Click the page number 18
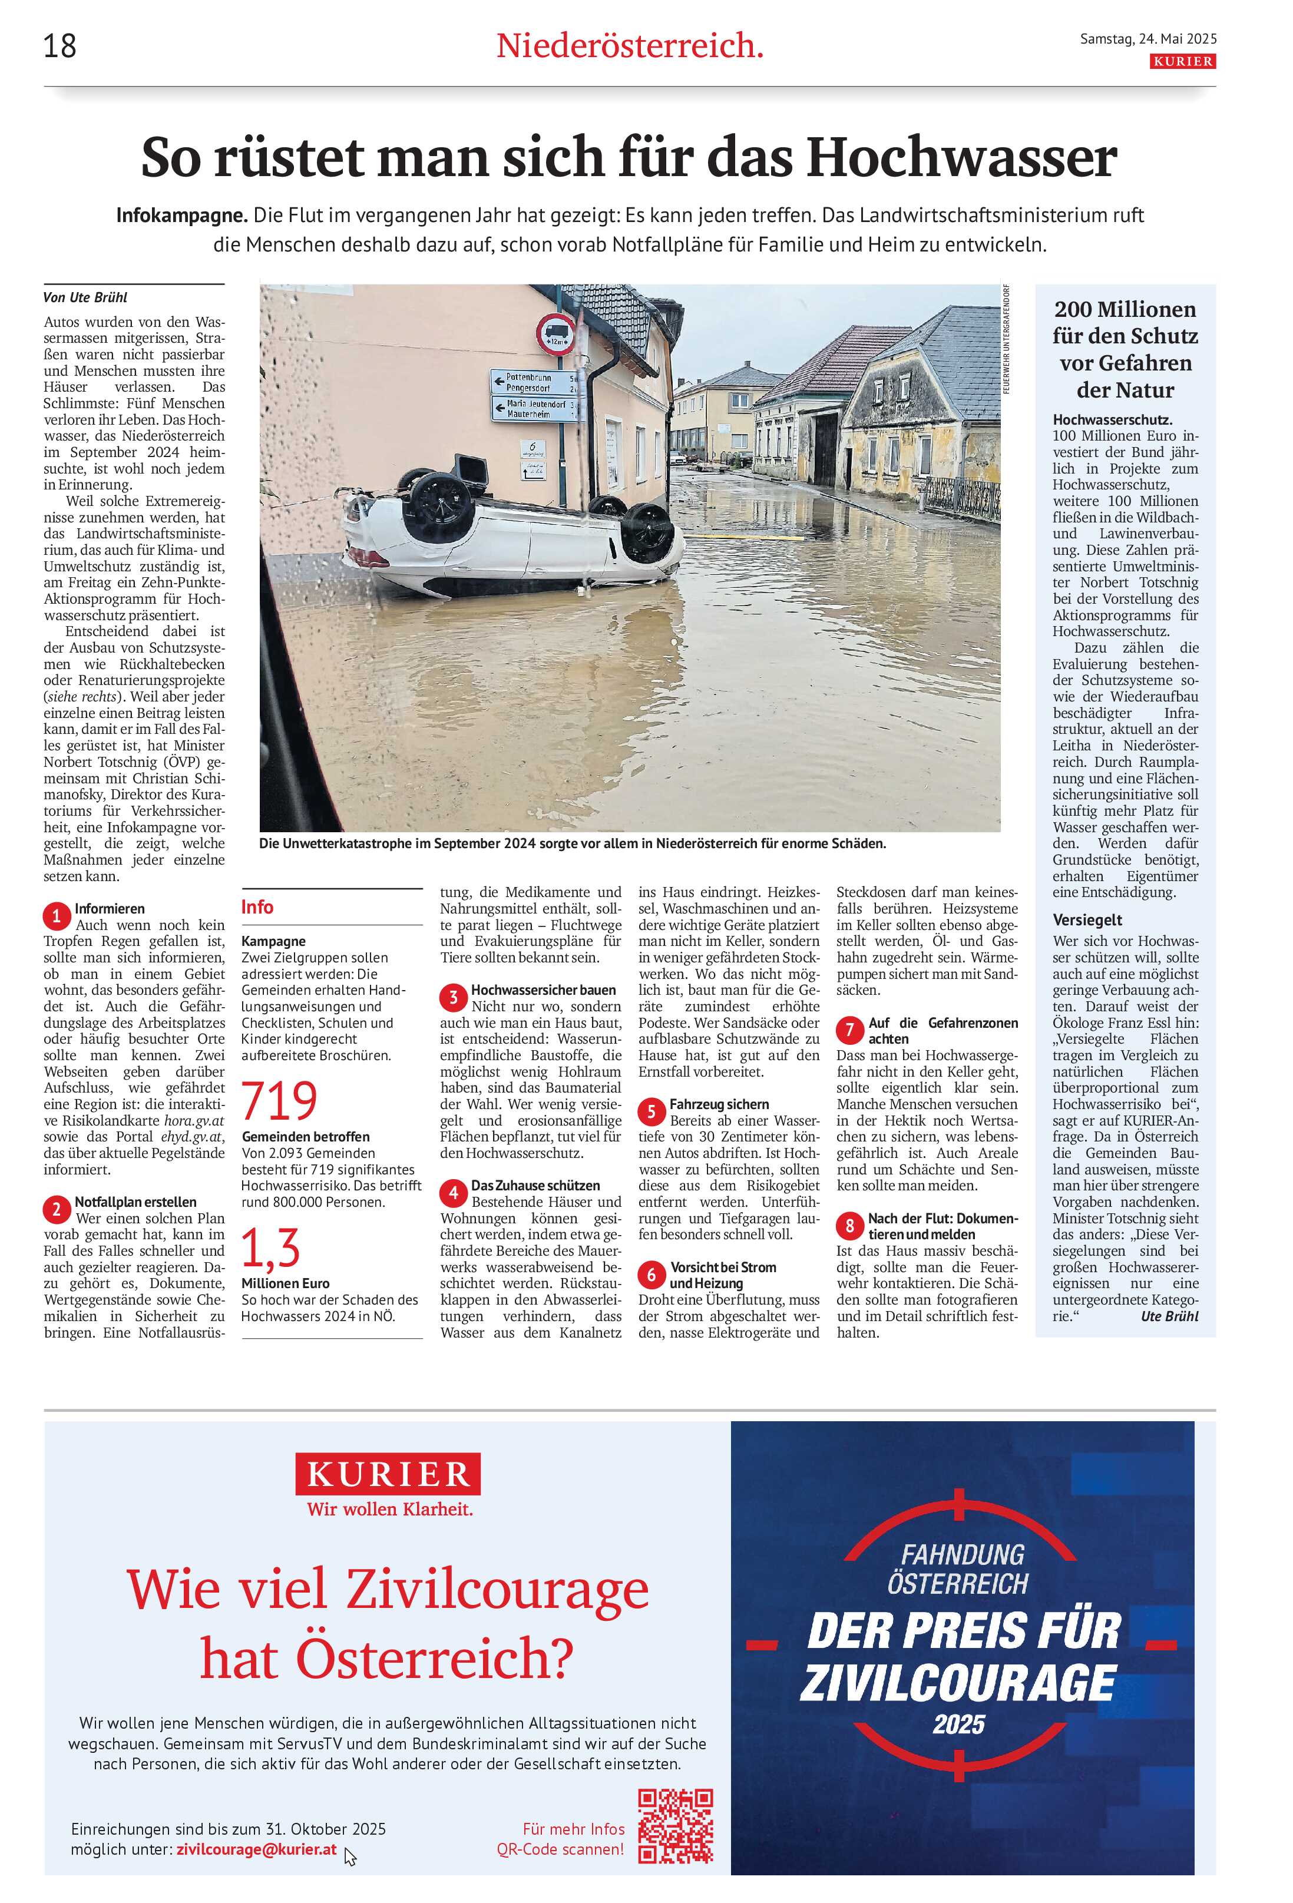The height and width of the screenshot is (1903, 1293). pos(59,46)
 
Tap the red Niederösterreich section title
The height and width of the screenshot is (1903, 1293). pos(629,46)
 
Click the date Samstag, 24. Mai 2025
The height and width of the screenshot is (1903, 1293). pos(1148,38)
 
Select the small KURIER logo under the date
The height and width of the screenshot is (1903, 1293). pos(1182,61)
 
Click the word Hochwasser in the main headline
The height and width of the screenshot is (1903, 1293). pos(961,157)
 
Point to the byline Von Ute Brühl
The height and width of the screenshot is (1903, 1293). pos(85,297)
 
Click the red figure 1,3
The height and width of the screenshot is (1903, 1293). pos(270,1248)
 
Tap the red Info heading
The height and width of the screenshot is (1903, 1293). pos(257,907)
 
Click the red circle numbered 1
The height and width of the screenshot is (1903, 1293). pos(57,915)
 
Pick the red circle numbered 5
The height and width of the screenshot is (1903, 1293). pos(651,1111)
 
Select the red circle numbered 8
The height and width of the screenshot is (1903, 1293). pos(849,1226)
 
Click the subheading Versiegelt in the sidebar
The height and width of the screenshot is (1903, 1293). pos(1087,919)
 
